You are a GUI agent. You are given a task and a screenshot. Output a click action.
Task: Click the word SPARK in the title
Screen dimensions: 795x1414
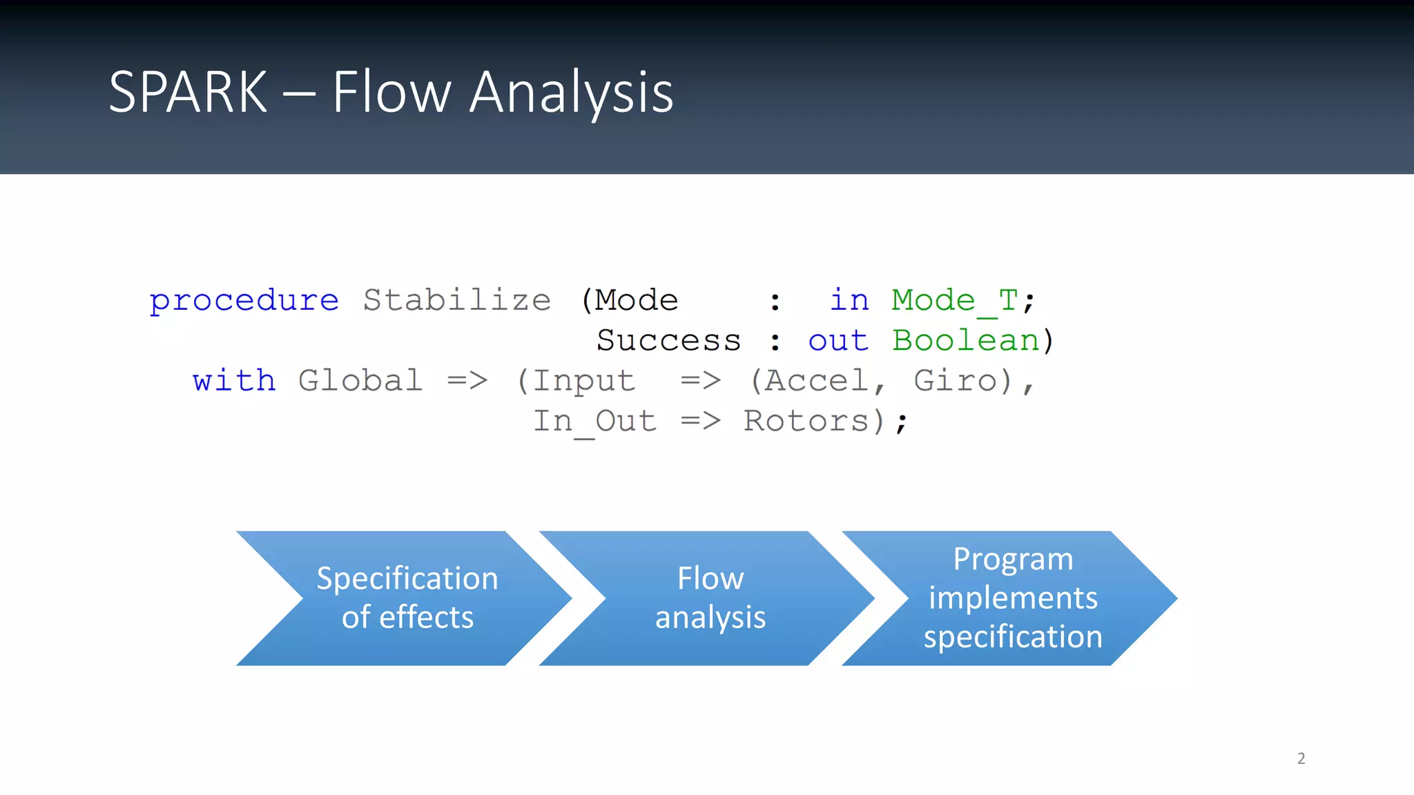(x=188, y=92)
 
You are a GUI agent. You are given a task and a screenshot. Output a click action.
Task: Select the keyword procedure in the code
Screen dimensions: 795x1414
(x=244, y=301)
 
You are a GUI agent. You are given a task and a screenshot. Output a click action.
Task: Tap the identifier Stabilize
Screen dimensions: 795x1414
(x=456, y=301)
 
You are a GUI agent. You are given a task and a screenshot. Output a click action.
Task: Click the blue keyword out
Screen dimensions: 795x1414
(x=838, y=341)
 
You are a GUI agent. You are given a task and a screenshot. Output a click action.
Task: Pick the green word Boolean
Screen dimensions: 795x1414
(x=965, y=341)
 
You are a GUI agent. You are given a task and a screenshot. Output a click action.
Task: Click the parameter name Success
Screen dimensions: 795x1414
(x=668, y=341)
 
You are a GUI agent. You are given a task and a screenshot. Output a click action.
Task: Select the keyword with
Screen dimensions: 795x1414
(x=234, y=381)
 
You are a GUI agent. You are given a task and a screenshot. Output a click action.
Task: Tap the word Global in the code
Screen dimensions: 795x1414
(x=360, y=381)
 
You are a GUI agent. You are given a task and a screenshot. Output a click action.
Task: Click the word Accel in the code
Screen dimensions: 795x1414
(x=815, y=381)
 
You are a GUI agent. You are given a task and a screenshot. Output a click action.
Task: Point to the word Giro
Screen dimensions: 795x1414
(x=956, y=381)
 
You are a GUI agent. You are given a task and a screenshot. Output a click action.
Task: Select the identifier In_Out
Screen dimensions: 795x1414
(x=594, y=422)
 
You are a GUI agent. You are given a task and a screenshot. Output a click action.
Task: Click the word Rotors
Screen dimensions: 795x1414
(x=806, y=422)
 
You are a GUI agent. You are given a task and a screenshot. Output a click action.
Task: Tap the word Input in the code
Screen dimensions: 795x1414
(x=583, y=381)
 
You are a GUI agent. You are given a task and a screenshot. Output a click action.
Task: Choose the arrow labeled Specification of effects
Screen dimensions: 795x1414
(x=407, y=598)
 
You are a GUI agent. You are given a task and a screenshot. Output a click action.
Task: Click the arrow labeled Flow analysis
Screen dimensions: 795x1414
(x=710, y=598)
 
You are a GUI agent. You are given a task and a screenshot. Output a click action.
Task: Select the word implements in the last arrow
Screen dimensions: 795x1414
(x=1013, y=598)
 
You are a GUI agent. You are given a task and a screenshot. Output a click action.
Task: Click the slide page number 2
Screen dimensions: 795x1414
(x=1301, y=758)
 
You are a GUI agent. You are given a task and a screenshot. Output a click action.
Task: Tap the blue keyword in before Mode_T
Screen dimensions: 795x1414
(x=849, y=301)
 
